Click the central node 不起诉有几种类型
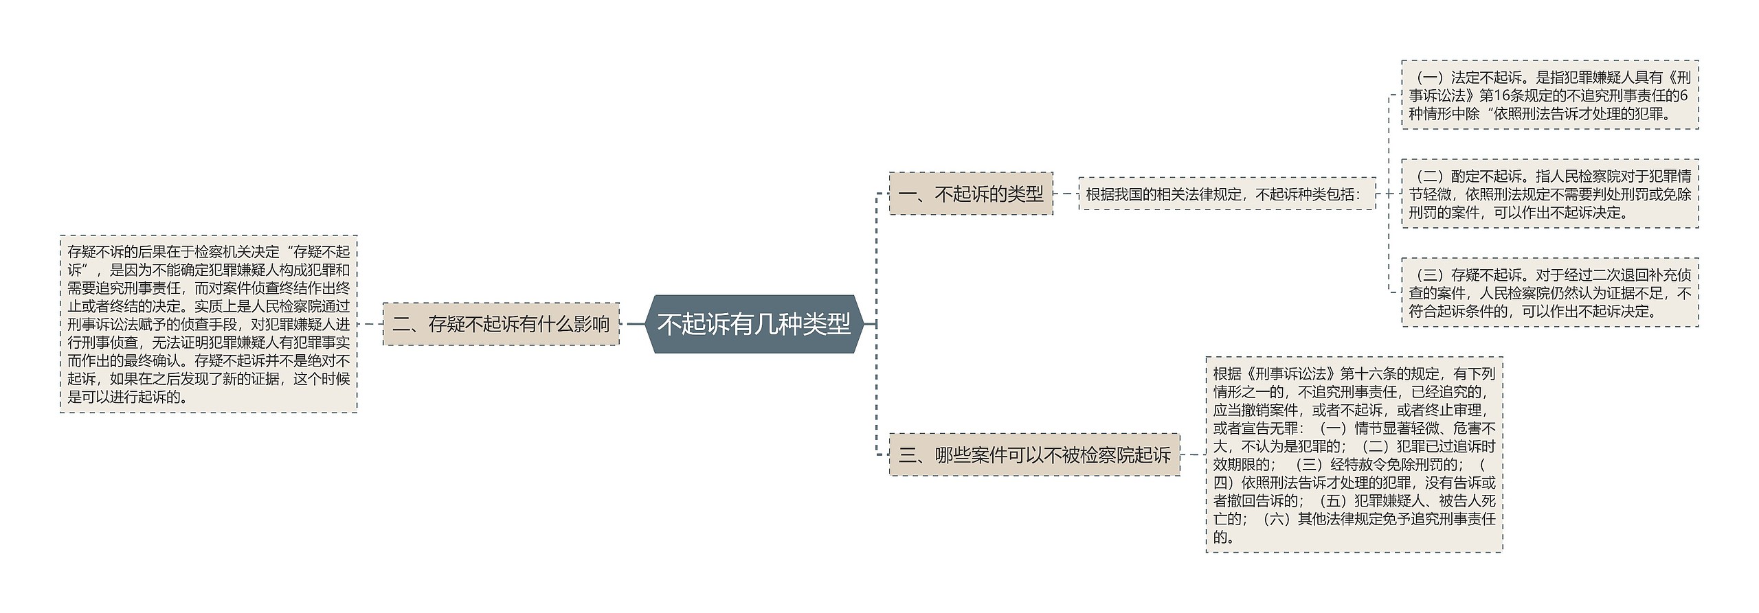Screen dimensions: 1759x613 [x=753, y=324]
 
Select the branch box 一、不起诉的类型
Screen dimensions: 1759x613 [x=970, y=194]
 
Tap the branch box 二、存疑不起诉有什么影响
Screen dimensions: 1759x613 [x=501, y=324]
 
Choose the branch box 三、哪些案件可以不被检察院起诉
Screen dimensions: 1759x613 [x=1034, y=454]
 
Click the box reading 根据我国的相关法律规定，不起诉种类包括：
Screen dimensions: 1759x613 [x=1226, y=194]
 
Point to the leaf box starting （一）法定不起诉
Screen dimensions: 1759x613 [x=1549, y=95]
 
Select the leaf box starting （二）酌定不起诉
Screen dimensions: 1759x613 [x=1549, y=194]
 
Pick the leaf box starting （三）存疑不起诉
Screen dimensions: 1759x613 [x=1549, y=293]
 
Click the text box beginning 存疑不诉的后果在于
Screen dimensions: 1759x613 [x=209, y=324]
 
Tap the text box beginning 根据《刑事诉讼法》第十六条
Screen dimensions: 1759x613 [x=1354, y=454]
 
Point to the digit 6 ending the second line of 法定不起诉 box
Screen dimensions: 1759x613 [x=1683, y=95]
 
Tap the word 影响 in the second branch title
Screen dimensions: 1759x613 [x=591, y=324]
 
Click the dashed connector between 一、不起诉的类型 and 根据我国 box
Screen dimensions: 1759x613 [x=1066, y=194]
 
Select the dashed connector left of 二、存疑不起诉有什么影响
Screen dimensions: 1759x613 [x=370, y=324]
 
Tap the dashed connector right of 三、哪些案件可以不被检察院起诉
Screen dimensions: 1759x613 [x=1193, y=454]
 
